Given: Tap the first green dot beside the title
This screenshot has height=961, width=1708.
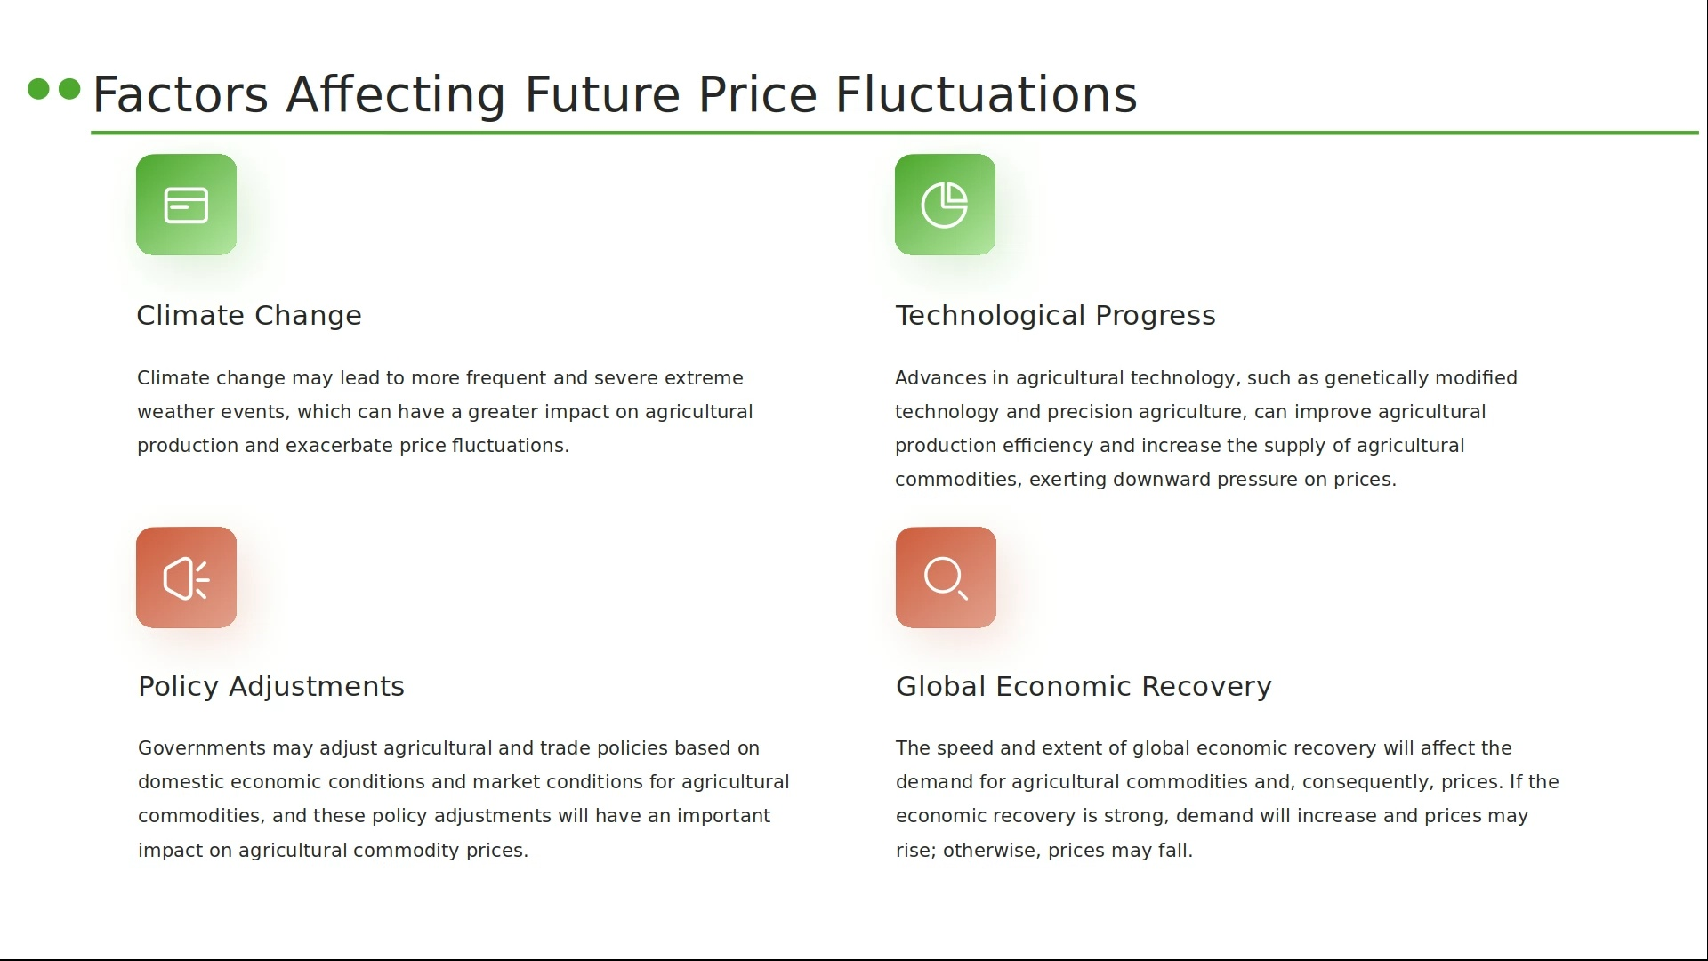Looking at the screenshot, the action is tap(38, 89).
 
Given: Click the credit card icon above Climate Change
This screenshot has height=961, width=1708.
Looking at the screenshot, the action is tap(186, 205).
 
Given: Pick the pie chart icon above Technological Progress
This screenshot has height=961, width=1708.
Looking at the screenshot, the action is tap(945, 205).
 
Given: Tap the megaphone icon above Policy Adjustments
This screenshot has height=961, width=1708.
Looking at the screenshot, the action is tap(186, 577).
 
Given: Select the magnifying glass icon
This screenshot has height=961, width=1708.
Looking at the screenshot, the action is tap(946, 577).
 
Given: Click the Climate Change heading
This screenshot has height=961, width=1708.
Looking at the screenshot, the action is tap(249, 316).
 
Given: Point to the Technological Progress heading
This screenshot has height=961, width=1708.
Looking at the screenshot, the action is tap(1055, 316).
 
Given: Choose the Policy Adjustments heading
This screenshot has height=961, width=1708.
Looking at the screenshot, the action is tap(271, 687).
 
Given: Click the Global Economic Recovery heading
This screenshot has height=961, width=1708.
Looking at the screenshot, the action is tap(1084, 687).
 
